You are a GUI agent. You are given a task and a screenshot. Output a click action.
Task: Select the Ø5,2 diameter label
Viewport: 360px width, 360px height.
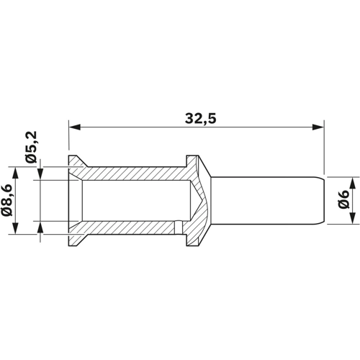[x=30, y=148]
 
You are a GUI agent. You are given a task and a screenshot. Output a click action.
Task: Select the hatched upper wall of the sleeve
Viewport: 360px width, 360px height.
[x=137, y=174]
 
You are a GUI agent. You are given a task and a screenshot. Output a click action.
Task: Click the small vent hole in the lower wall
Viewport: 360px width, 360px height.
[x=176, y=229]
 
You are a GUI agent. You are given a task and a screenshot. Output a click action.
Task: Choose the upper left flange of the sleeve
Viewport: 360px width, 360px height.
[x=75, y=163]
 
